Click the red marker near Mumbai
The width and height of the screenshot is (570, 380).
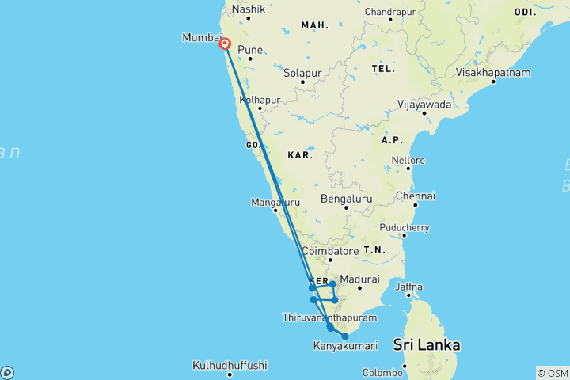click(226, 44)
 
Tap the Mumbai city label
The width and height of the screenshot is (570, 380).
click(201, 38)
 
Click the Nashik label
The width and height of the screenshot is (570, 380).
click(247, 10)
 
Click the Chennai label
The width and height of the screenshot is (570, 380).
click(416, 196)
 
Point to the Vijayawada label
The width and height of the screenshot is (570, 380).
click(424, 104)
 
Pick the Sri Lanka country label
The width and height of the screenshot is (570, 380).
click(427, 345)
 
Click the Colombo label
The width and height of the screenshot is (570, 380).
click(382, 372)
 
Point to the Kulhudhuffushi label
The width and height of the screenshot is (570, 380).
click(230, 366)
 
